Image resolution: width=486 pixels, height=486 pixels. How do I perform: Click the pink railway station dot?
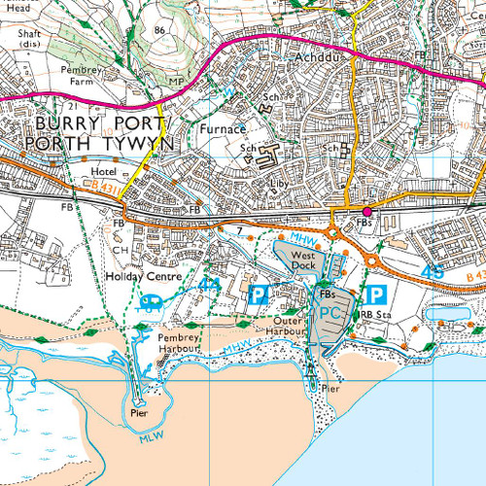coord(367,211)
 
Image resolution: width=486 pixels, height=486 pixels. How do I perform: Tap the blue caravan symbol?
coord(153,301)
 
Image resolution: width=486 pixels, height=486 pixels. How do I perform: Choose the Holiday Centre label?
coord(144,276)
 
